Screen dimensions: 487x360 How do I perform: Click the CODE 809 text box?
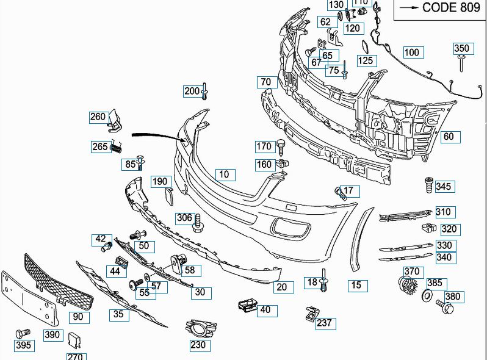click(x=440, y=9)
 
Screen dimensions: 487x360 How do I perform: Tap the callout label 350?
click(x=463, y=49)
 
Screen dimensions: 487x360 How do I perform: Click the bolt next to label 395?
click(x=23, y=333)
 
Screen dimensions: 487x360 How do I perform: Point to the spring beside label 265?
click(x=116, y=147)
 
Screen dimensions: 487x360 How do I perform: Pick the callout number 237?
click(x=325, y=323)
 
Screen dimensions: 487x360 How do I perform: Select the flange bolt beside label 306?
click(x=197, y=223)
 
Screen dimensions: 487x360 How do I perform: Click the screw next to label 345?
click(x=428, y=185)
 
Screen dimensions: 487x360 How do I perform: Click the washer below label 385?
click(x=427, y=295)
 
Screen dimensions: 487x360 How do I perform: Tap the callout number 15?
click(x=358, y=286)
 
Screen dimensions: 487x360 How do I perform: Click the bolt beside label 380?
click(x=445, y=306)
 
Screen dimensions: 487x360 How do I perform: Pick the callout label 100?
click(x=414, y=52)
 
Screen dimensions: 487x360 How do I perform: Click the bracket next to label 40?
click(x=248, y=305)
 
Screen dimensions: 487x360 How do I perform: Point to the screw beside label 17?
click(x=340, y=193)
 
